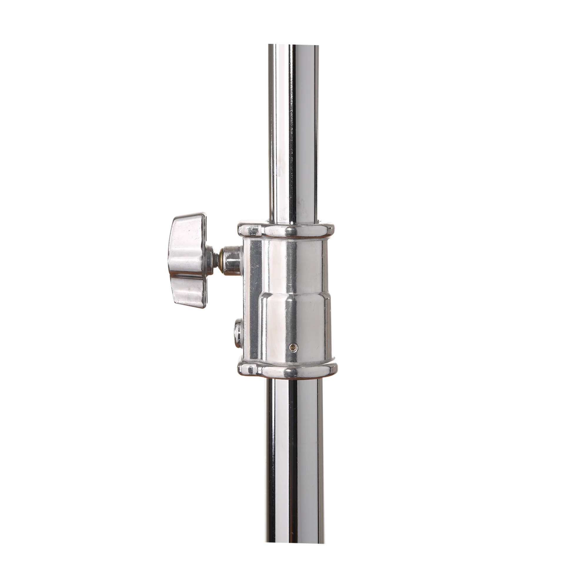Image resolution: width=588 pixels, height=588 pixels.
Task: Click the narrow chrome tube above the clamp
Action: [291, 137]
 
